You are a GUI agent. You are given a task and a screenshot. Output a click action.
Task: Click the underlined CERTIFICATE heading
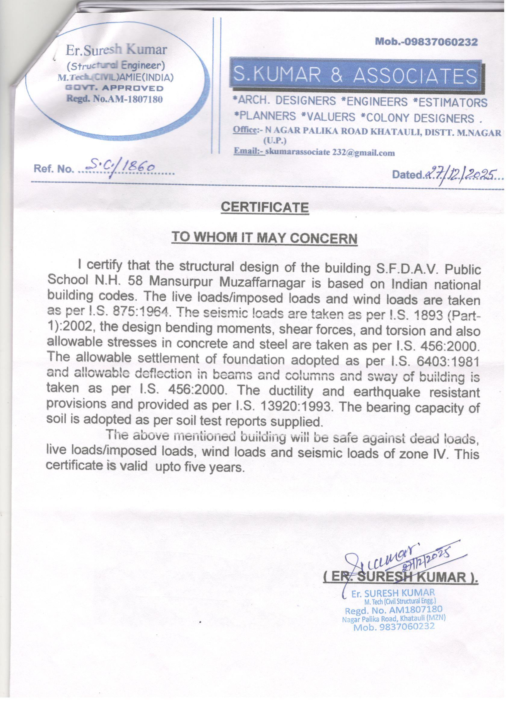coord(264,207)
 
